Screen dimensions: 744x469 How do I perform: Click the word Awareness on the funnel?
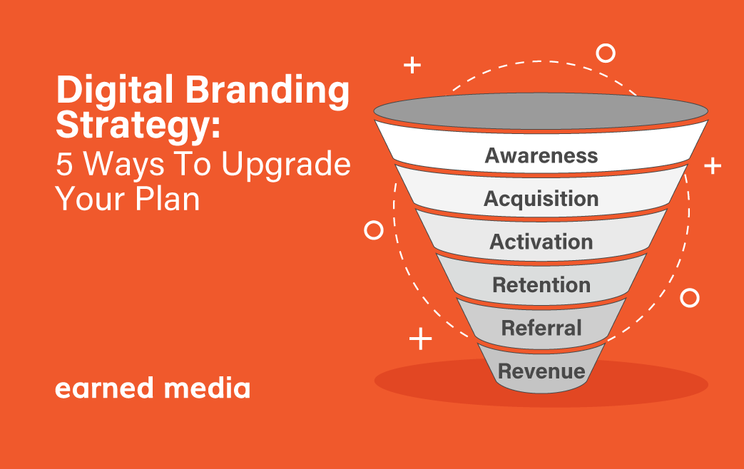pyautogui.click(x=541, y=155)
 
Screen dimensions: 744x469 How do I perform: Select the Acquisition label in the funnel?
pyautogui.click(x=541, y=199)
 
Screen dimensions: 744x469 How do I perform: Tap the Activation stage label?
pyautogui.click(x=541, y=242)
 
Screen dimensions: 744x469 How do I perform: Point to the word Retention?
pyautogui.click(x=541, y=285)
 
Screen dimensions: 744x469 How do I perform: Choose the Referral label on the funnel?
pyautogui.click(x=541, y=328)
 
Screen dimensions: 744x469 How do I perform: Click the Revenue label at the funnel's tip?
pyautogui.click(x=541, y=371)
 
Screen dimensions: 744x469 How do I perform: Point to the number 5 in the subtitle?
pyautogui.click(x=64, y=165)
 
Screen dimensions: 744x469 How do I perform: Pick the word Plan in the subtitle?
pyautogui.click(x=168, y=199)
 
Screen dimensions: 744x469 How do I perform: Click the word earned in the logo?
pyautogui.click(x=104, y=388)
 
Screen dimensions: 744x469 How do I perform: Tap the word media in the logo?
pyautogui.click(x=207, y=388)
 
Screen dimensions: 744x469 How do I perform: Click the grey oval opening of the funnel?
pyautogui.click(x=541, y=111)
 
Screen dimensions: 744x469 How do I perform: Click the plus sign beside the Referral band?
pyautogui.click(x=420, y=339)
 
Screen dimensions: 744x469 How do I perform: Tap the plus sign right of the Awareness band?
pyautogui.click(x=713, y=166)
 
